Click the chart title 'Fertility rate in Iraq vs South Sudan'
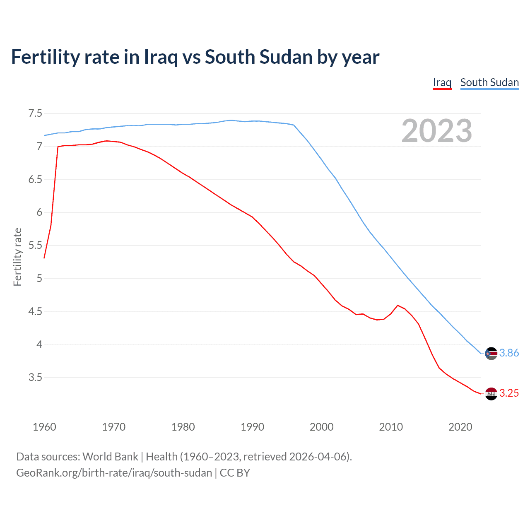pyautogui.click(x=195, y=57)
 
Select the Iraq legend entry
pyautogui.click(x=442, y=82)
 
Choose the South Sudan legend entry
pyautogui.click(x=489, y=82)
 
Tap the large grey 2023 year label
pyautogui.click(x=436, y=131)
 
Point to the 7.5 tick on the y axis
pyautogui.click(x=35, y=113)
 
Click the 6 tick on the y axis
pyautogui.click(x=39, y=212)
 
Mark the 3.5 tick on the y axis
pyautogui.click(x=35, y=377)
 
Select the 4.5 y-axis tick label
pyautogui.click(x=35, y=311)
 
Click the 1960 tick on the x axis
pyautogui.click(x=44, y=427)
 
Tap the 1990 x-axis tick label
pyautogui.click(x=252, y=427)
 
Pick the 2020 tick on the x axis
pyautogui.click(x=460, y=427)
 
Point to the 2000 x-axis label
pyautogui.click(x=321, y=427)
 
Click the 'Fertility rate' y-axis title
pyautogui.click(x=17, y=257)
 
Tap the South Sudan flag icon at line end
pyautogui.click(x=491, y=353)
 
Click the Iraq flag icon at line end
pyautogui.click(x=491, y=393)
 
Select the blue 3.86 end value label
pyautogui.click(x=509, y=353)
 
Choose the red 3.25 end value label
pyautogui.click(x=509, y=393)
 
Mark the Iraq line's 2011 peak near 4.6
pyautogui.click(x=397, y=305)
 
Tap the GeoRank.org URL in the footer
pyautogui.click(x=114, y=472)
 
